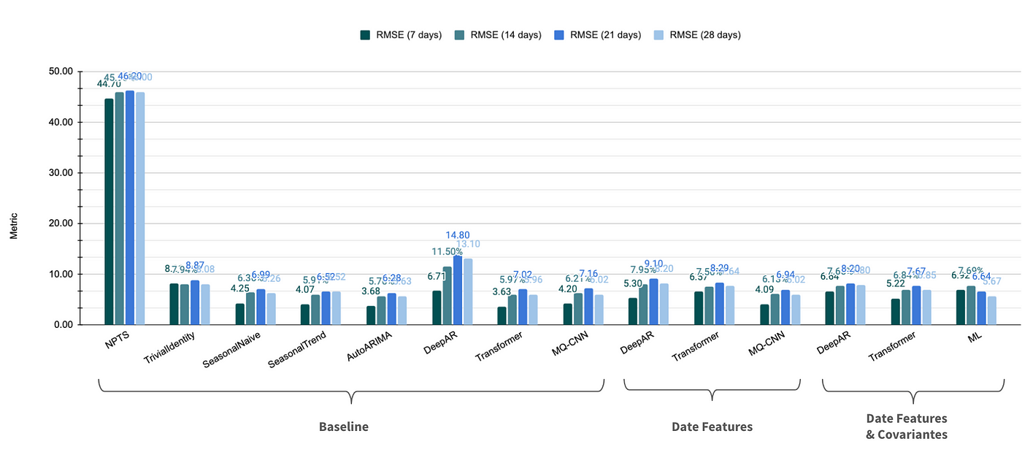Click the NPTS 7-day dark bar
pyautogui.click(x=109, y=212)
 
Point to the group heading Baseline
pyautogui.click(x=344, y=427)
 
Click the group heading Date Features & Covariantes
pyautogui.click(x=907, y=427)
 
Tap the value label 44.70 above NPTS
pyautogui.click(x=109, y=85)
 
